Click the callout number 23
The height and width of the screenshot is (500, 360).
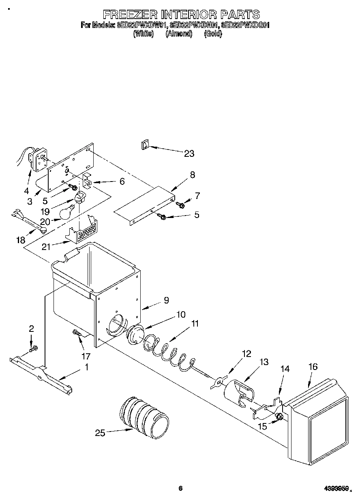coord(189,154)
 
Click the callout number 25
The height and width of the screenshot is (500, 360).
coord(100,433)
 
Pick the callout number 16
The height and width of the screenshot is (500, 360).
coord(313,367)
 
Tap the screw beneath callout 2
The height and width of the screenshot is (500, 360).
coord(34,348)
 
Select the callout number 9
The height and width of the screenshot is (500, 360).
coord(166,300)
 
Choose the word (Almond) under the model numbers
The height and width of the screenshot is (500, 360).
coord(178,34)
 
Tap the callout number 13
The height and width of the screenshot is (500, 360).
coord(264,362)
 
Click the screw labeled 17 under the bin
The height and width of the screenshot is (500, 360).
coord(77,333)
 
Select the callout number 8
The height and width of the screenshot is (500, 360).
coord(192,175)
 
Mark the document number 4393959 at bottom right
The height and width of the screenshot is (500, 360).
coord(334,489)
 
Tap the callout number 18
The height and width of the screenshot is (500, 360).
coord(20,240)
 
